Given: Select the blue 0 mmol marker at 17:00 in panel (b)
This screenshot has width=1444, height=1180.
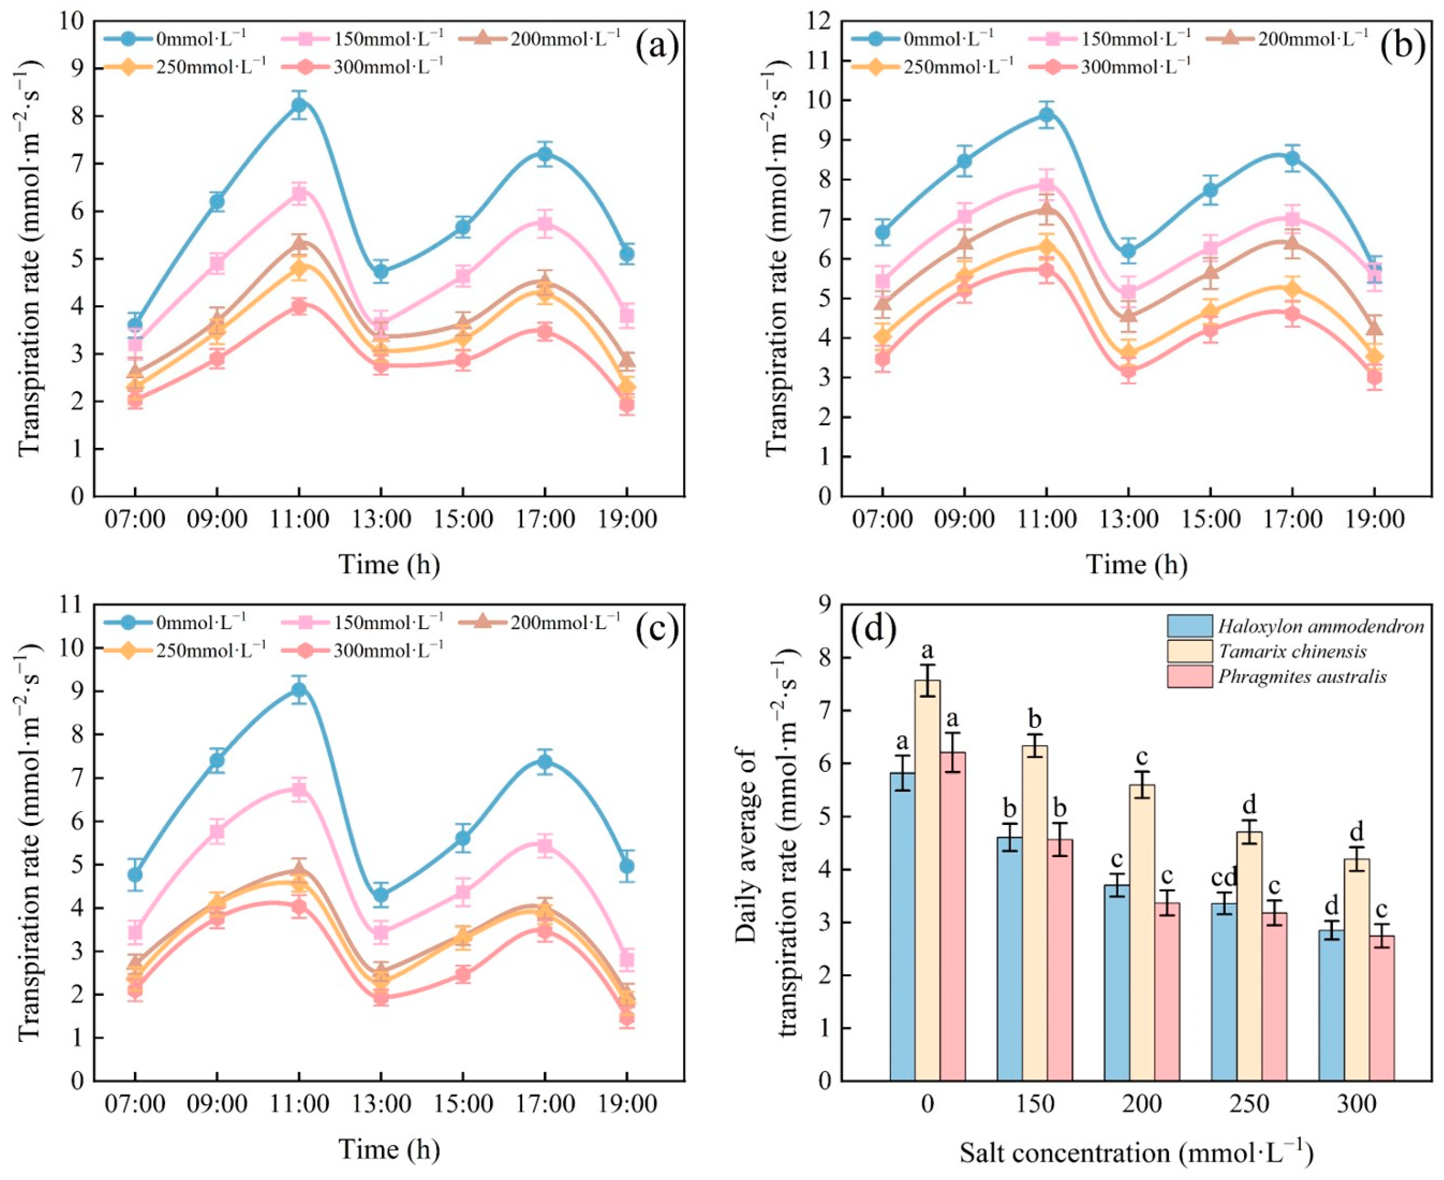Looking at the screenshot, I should [x=1292, y=158].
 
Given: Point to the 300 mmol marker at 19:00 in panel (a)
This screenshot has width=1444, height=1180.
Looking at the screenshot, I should [x=627, y=406].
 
